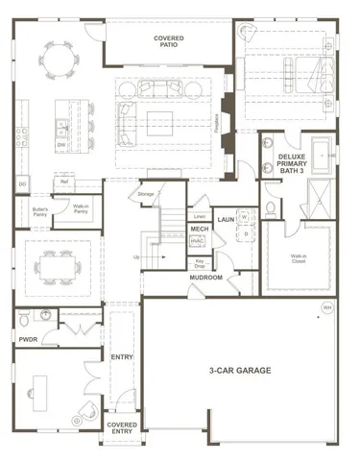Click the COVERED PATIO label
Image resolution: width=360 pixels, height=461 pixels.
[x=169, y=42]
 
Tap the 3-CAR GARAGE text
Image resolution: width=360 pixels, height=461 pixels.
[x=239, y=370]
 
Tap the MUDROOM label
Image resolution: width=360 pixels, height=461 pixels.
[x=205, y=278]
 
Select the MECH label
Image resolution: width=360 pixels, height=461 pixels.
[x=200, y=229]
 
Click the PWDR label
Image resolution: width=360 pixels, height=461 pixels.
[x=28, y=338]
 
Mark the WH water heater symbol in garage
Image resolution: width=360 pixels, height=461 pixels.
[x=327, y=308]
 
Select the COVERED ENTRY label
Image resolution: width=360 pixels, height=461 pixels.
[x=121, y=427]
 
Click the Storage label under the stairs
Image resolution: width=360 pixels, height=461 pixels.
[x=146, y=195]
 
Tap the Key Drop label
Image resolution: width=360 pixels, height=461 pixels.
[x=199, y=262]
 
